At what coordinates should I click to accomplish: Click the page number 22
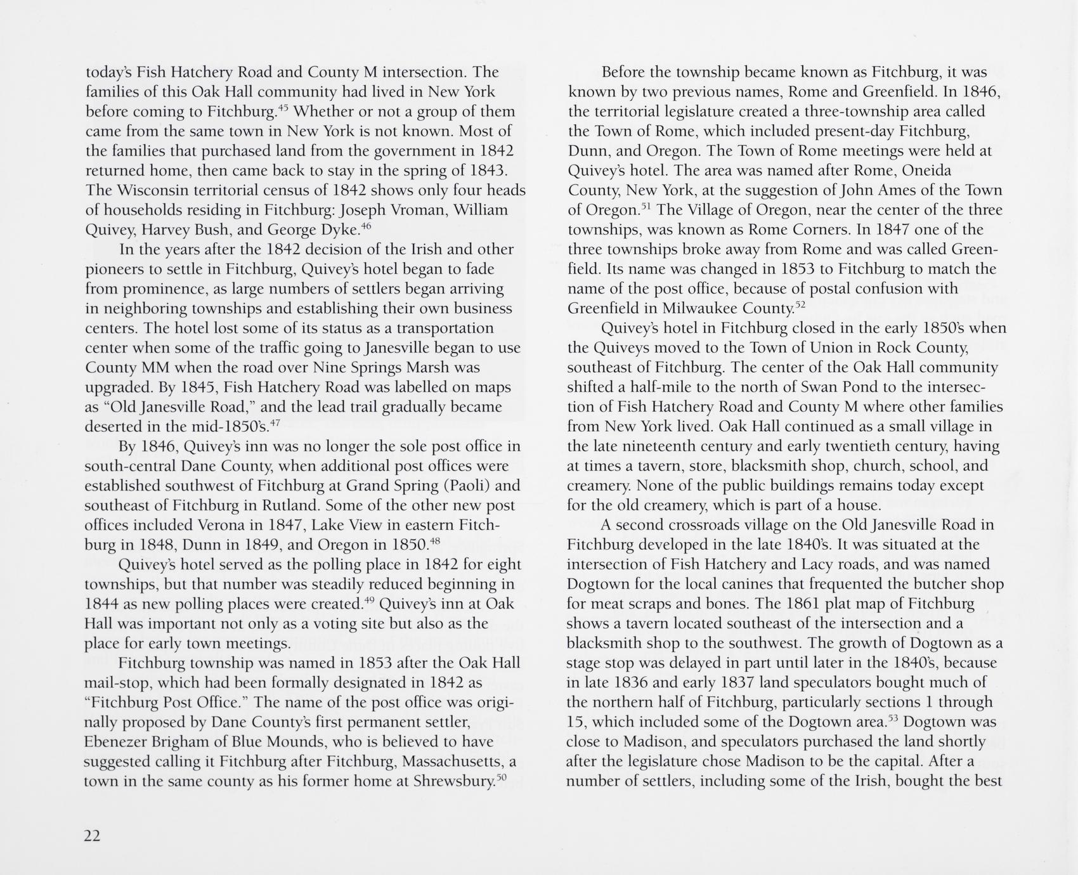point(92,836)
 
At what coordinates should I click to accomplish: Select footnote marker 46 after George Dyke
point(366,224)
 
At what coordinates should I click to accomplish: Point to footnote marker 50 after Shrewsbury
point(501,775)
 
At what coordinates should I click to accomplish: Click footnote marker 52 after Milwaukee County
point(800,304)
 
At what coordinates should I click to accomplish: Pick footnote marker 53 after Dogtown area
point(892,717)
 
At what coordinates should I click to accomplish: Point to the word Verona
point(221,525)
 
